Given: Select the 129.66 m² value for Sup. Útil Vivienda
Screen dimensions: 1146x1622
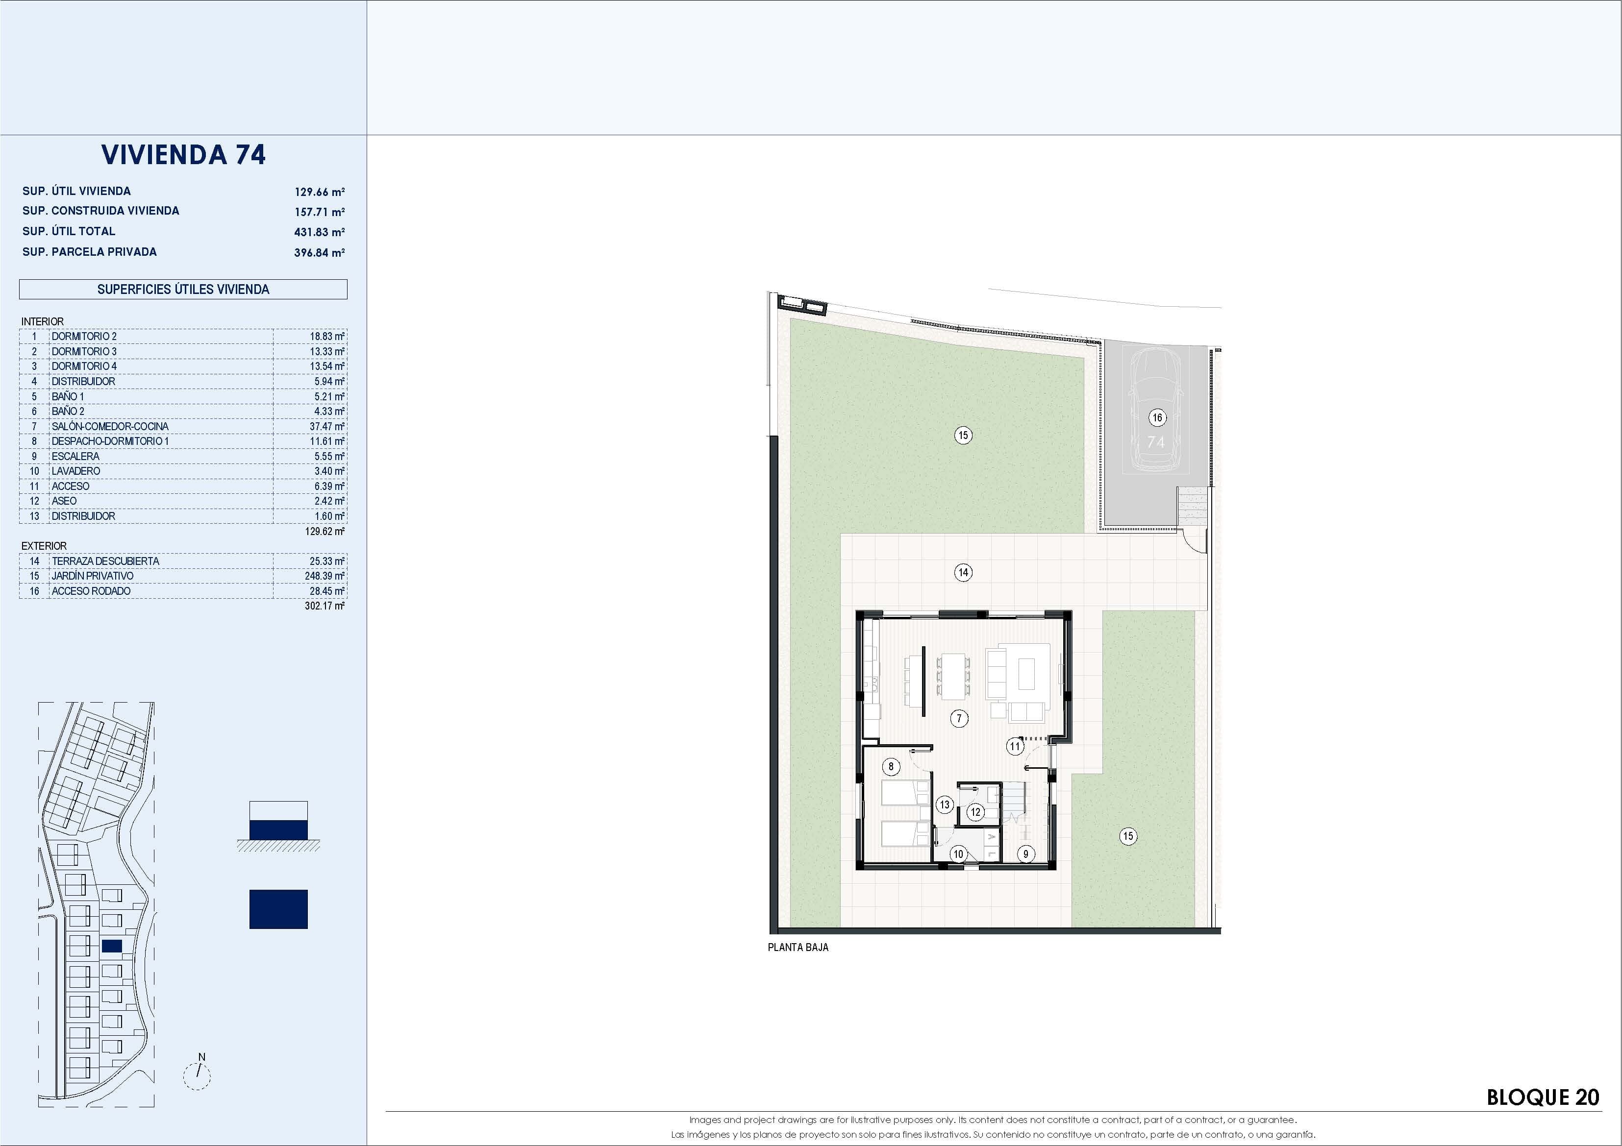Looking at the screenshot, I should click(x=319, y=192).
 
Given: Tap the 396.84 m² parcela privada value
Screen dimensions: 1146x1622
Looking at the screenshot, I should click(x=319, y=252).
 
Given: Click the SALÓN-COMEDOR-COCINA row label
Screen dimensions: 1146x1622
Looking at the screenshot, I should click(x=109, y=426).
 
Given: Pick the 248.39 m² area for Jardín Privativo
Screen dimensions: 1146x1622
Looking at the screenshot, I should click(x=324, y=576).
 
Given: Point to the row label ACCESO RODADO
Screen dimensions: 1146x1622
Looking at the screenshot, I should click(x=90, y=591).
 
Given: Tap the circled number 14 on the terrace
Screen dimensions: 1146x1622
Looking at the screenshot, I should click(x=963, y=572).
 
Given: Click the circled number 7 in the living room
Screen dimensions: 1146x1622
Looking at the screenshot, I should click(x=959, y=719).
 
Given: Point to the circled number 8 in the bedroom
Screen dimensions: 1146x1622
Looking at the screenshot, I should click(x=891, y=766).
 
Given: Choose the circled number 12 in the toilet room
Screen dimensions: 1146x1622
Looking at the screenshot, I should click(x=975, y=812).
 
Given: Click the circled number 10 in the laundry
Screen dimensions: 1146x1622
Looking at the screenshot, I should click(x=958, y=853).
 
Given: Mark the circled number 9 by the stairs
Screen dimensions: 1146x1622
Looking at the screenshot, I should click(x=1026, y=853).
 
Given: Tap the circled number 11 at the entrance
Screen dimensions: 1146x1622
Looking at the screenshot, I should click(x=1015, y=746).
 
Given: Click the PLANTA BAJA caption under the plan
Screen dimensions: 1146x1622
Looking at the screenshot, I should click(x=798, y=948).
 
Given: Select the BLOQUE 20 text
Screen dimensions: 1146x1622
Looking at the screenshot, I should click(x=1542, y=1097).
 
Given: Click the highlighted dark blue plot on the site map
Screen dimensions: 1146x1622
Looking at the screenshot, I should click(x=112, y=946).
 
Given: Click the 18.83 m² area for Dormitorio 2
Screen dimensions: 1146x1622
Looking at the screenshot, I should click(x=326, y=337).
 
